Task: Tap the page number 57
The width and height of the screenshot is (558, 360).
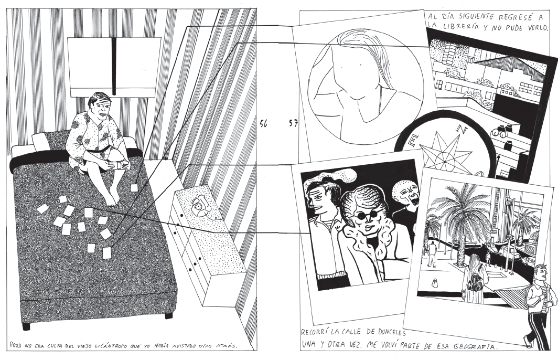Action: pos(293,123)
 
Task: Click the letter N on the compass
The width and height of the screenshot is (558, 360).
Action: pos(462,130)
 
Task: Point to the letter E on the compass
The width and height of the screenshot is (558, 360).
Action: pos(413,141)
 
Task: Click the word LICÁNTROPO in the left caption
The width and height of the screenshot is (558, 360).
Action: pos(103,345)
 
